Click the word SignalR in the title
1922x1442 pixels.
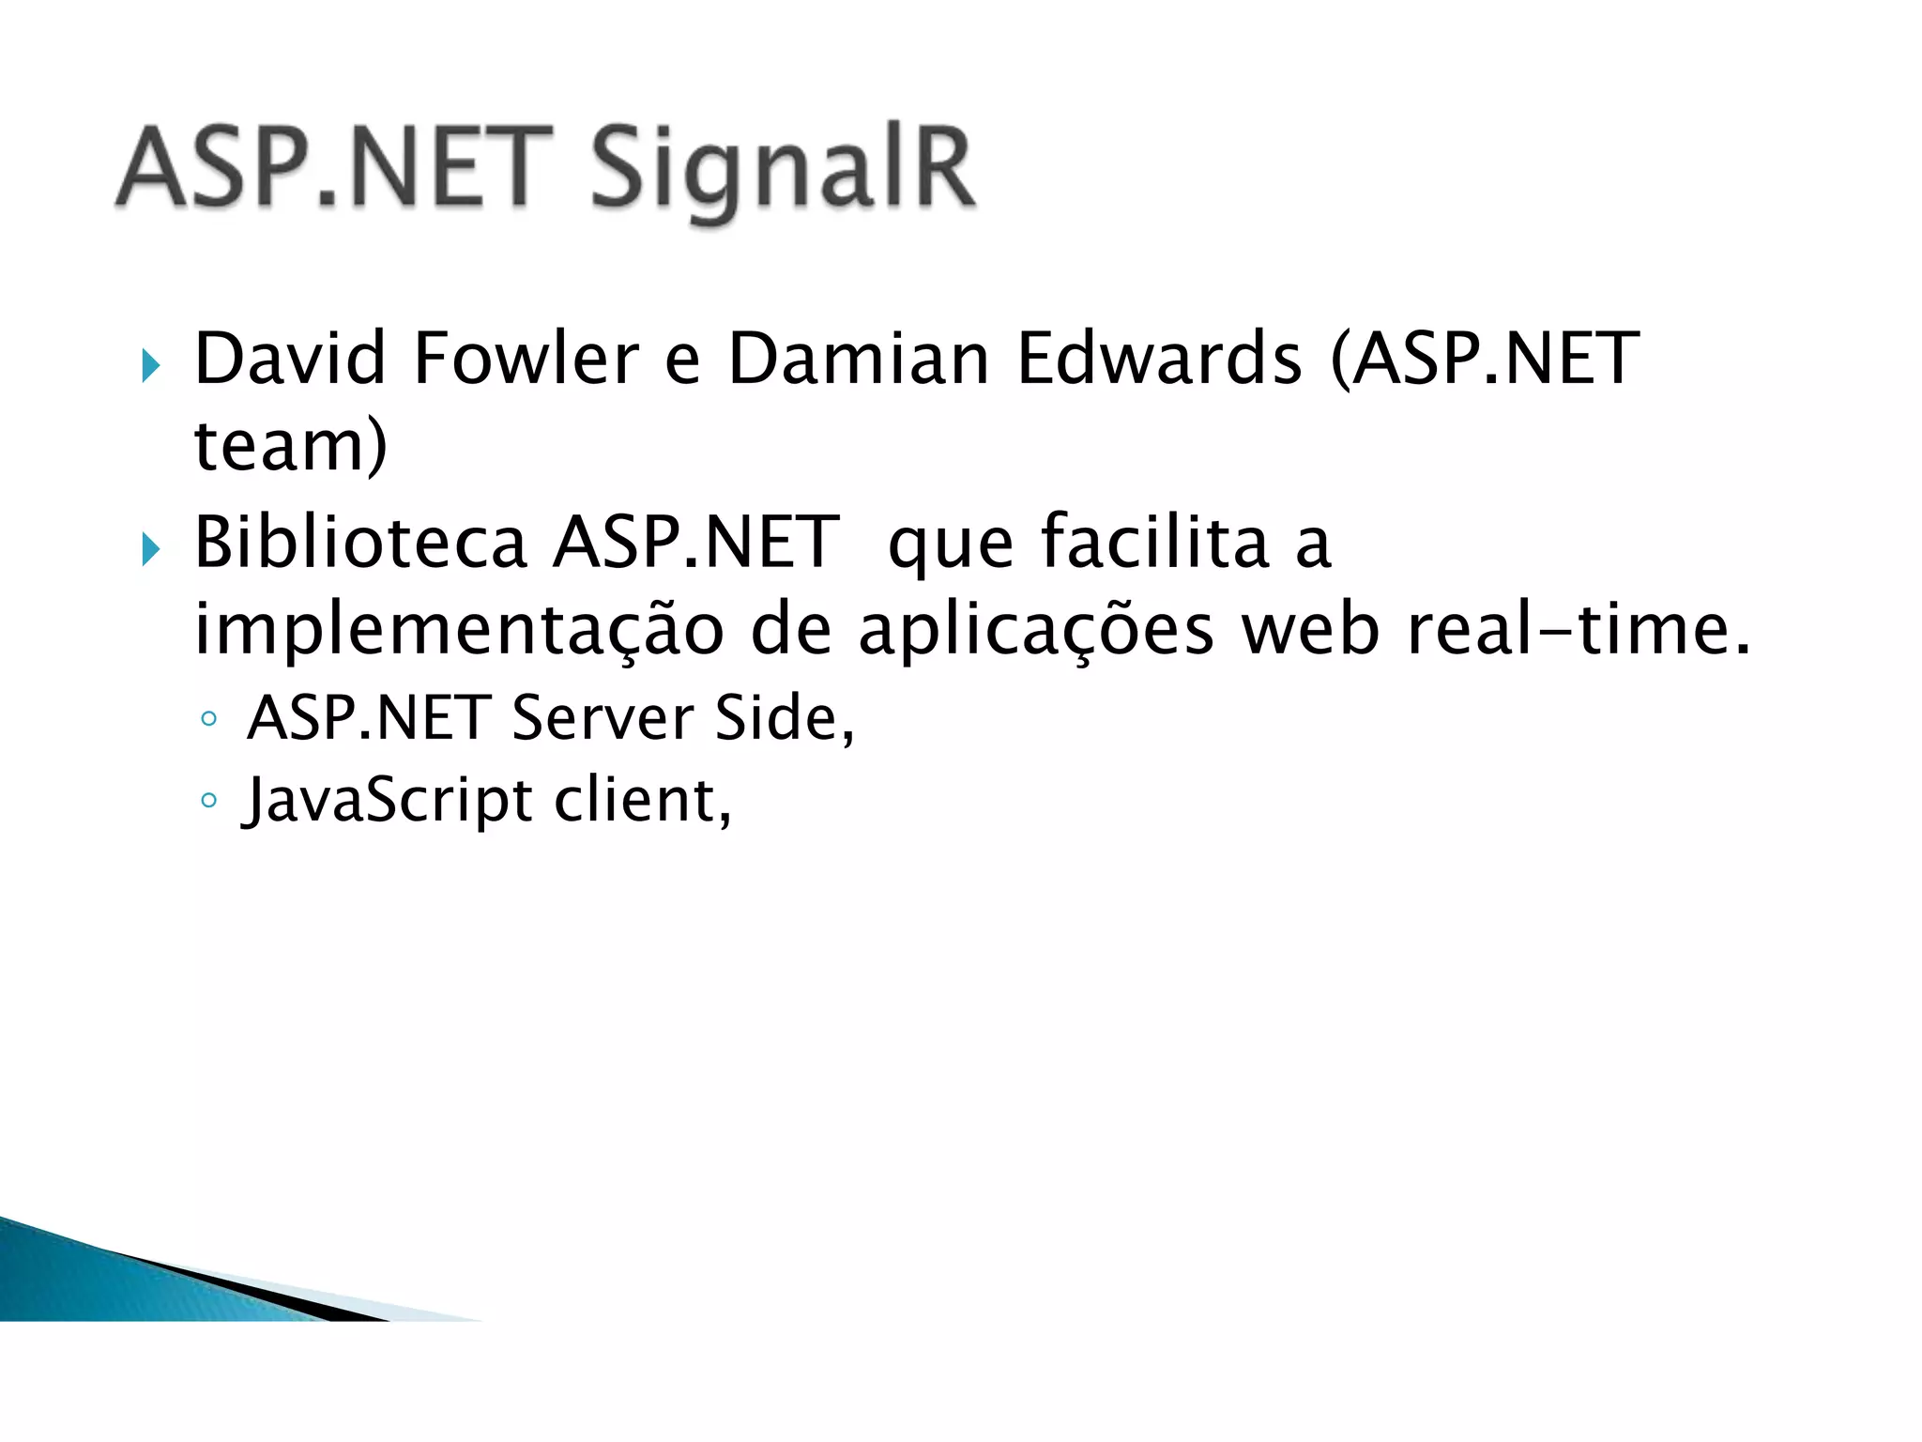point(784,171)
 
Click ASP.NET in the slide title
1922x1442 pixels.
point(333,169)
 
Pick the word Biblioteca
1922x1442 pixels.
point(360,542)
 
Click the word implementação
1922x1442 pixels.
point(459,629)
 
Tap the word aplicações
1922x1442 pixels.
point(1036,629)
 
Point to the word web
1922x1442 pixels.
point(1311,629)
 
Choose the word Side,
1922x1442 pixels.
point(785,718)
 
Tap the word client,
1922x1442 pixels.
point(643,800)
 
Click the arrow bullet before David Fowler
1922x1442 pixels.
point(151,365)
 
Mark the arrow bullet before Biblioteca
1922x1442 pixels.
point(151,549)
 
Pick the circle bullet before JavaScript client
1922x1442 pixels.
point(209,801)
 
